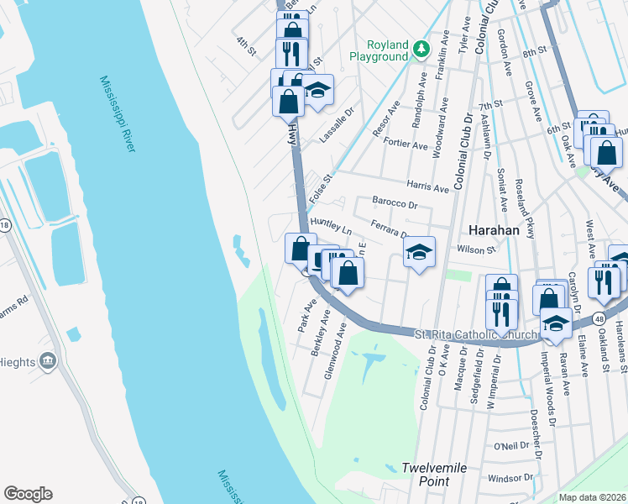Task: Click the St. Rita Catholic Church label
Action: click(x=476, y=335)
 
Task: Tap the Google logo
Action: click(x=28, y=494)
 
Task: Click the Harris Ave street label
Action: click(x=427, y=186)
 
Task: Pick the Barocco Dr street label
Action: click(x=395, y=204)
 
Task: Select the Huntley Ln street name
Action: click(x=331, y=224)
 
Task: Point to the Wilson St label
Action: click(x=477, y=249)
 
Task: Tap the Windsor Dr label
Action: click(x=505, y=478)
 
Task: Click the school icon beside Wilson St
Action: click(x=419, y=251)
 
